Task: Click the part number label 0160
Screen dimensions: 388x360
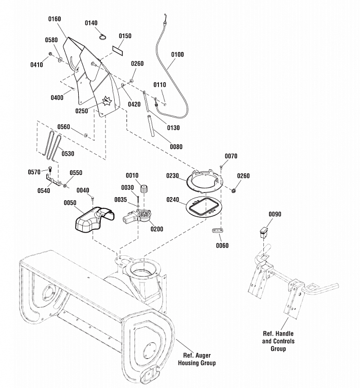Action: (54, 19)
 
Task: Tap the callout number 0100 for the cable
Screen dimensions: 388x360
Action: (177, 55)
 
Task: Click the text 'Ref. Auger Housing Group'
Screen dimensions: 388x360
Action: (197, 359)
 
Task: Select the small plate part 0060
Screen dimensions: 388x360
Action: (218, 231)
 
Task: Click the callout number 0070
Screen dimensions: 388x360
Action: (231, 156)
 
